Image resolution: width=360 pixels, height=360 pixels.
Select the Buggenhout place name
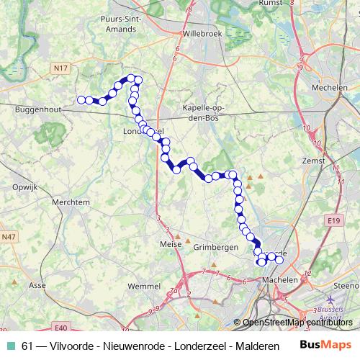click(x=37, y=112)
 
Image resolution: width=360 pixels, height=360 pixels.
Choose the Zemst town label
click(x=315, y=161)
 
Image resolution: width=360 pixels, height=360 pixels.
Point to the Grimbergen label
click(x=216, y=247)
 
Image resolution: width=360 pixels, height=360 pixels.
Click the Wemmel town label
click(x=143, y=287)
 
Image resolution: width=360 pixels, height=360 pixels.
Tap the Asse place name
click(x=36, y=285)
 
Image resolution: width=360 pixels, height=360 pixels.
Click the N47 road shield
click(x=9, y=236)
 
